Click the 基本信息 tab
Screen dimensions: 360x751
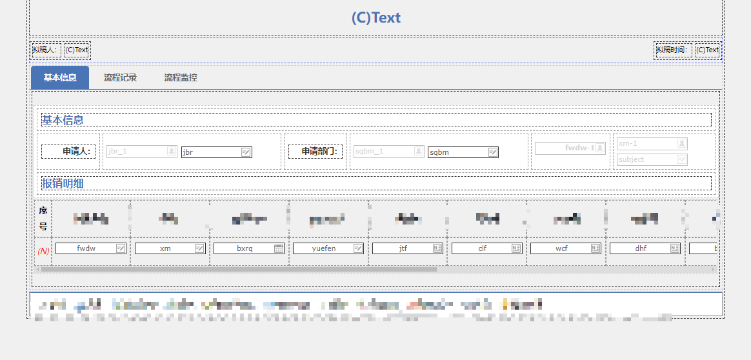coord(60,77)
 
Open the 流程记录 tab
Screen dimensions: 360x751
coord(121,77)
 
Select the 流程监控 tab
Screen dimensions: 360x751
coord(181,77)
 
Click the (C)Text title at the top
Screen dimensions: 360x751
coord(375,17)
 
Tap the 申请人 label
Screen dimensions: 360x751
coord(69,151)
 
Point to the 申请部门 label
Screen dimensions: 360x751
coord(315,151)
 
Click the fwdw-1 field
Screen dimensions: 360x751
coord(570,148)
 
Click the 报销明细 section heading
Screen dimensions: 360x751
coord(63,183)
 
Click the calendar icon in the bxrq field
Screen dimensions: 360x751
coord(279,248)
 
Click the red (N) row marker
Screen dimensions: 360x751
coord(43,250)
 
